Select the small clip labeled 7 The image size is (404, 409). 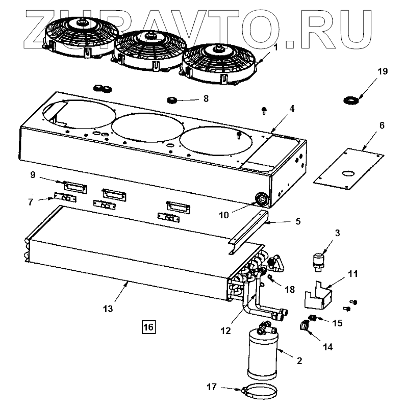point(64,197)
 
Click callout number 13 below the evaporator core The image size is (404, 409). point(108,309)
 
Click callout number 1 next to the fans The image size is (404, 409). point(275,48)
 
